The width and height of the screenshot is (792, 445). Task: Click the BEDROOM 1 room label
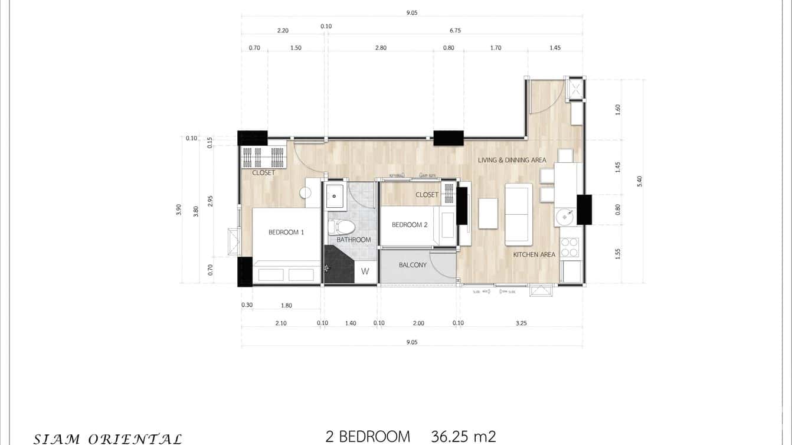(x=286, y=233)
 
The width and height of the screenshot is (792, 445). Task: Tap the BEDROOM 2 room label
(x=410, y=225)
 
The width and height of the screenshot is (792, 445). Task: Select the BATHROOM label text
(x=354, y=240)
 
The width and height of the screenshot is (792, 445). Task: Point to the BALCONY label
(x=413, y=265)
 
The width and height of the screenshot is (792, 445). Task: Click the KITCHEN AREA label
(x=534, y=255)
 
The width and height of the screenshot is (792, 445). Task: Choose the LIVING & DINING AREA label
(x=512, y=160)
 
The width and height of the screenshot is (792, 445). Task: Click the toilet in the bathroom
(x=342, y=227)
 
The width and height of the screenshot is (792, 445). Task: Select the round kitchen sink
(x=564, y=217)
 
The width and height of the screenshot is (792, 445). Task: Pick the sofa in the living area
(x=519, y=214)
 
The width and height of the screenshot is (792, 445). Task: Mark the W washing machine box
(x=365, y=272)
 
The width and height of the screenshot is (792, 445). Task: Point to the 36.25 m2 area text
(x=463, y=437)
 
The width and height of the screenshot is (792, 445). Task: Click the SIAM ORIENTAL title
(x=107, y=439)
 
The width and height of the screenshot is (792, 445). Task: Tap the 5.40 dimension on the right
(x=639, y=181)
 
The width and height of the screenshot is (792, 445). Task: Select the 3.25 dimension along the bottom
(x=521, y=323)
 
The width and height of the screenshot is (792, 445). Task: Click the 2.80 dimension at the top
(x=381, y=48)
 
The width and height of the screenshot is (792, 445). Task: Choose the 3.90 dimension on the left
(x=179, y=210)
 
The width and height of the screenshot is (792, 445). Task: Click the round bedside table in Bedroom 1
(x=305, y=192)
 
